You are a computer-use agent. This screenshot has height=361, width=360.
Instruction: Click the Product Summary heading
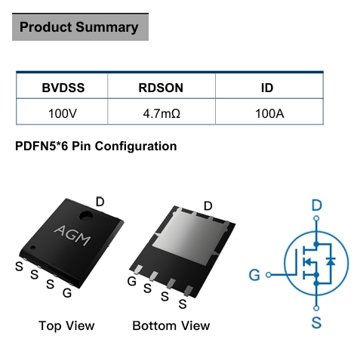click(x=79, y=27)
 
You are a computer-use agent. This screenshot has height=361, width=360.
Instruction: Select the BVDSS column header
click(x=63, y=88)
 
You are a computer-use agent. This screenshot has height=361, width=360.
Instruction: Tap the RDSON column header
click(x=161, y=88)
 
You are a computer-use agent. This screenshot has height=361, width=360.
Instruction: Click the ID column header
click(x=267, y=88)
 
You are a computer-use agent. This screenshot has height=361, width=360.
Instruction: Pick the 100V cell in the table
click(x=63, y=113)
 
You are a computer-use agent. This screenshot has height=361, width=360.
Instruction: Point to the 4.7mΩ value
click(x=162, y=113)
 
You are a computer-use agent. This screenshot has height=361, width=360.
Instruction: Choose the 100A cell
click(x=269, y=113)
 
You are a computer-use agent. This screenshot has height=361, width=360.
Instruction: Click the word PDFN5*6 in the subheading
click(x=42, y=146)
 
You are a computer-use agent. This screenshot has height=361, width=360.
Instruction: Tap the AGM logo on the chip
click(x=72, y=236)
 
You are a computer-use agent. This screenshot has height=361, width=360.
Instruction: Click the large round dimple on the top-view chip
click(x=86, y=216)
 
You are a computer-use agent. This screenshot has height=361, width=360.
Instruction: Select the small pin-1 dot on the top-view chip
click(x=33, y=248)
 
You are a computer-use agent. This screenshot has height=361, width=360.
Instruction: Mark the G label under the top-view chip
click(x=67, y=293)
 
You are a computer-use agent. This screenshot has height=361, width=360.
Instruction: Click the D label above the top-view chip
click(x=100, y=202)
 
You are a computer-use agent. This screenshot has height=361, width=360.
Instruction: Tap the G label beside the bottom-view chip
click(x=132, y=281)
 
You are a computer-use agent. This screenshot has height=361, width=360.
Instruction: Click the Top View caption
click(x=66, y=326)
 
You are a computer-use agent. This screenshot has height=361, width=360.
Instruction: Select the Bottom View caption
click(x=171, y=326)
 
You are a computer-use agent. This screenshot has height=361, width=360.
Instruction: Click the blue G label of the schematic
click(x=254, y=275)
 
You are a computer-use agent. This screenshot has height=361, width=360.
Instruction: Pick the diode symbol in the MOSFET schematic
click(x=331, y=262)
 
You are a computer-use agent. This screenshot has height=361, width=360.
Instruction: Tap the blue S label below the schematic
click(x=316, y=322)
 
